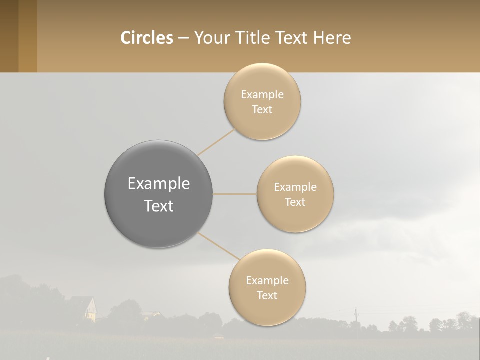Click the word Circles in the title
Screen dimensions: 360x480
coord(146,37)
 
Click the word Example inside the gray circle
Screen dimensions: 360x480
coord(159,184)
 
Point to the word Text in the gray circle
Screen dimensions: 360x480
coord(159,206)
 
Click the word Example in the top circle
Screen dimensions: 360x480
coord(262,95)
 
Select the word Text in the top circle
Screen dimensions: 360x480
coord(262,110)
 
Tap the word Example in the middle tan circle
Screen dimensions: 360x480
coord(295,187)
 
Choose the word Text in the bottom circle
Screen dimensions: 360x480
coord(267,296)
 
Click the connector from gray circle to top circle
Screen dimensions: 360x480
coord(216,142)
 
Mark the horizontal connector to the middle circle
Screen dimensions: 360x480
coord(235,194)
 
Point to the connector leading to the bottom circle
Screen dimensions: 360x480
coord(218,245)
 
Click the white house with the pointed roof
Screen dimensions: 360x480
coord(90,310)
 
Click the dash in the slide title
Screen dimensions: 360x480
coord(183,38)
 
